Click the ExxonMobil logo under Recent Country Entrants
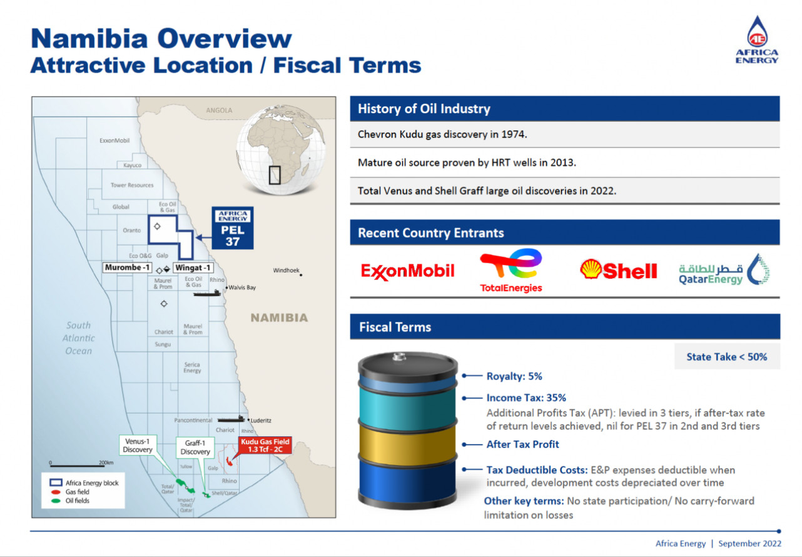pyautogui.click(x=407, y=271)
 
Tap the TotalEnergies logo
pyautogui.click(x=511, y=271)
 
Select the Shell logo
pyautogui.click(x=618, y=269)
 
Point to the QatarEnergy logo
pyautogui.click(x=724, y=269)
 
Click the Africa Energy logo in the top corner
pyautogui.click(x=757, y=39)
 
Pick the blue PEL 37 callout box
pyautogui.click(x=233, y=228)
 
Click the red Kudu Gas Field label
pyautogui.click(x=265, y=445)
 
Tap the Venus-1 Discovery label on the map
pyautogui.click(x=138, y=445)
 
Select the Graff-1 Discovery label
pyautogui.click(x=195, y=448)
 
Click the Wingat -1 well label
pyautogui.click(x=193, y=268)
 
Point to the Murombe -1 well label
pyautogui.click(x=127, y=268)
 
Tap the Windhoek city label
pyautogui.click(x=286, y=270)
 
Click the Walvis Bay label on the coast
pyautogui.click(x=242, y=288)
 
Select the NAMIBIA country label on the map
pyautogui.click(x=279, y=318)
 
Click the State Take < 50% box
pyautogui.click(x=727, y=356)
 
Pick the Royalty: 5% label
pyautogui.click(x=514, y=376)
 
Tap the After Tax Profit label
pyautogui.click(x=522, y=444)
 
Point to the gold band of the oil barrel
pyautogui.click(x=407, y=444)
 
